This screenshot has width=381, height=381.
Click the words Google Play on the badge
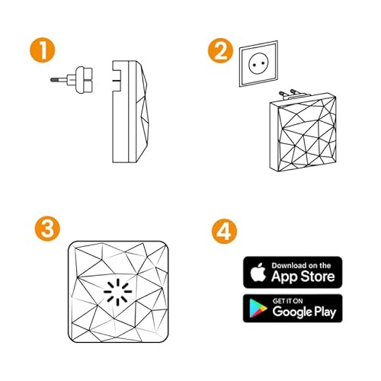[303, 312]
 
